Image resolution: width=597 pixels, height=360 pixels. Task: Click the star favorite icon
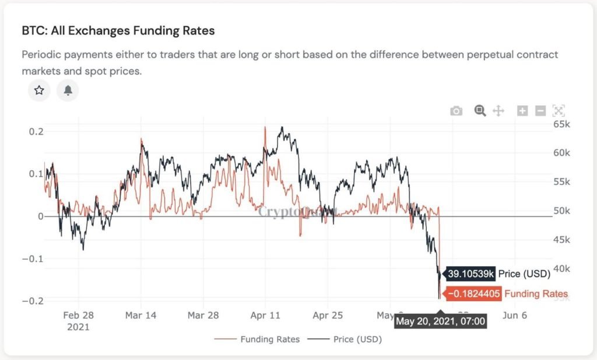click(x=39, y=90)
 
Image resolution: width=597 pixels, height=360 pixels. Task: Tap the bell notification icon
click(x=68, y=90)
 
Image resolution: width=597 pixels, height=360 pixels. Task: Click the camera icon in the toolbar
click(x=456, y=111)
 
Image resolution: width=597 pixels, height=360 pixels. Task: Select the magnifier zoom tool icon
click(x=480, y=110)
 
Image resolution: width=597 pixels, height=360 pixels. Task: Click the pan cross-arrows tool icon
click(x=498, y=111)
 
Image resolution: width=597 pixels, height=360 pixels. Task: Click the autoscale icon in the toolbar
click(x=559, y=111)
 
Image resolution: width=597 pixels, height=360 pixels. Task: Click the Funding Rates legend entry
click(x=257, y=339)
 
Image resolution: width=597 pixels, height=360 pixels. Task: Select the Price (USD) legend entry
click(x=346, y=339)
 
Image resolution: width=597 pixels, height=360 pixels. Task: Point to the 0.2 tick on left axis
click(x=36, y=132)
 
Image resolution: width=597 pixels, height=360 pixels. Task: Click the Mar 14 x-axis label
click(x=141, y=315)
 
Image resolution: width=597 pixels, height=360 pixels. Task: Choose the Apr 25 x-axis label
click(x=328, y=315)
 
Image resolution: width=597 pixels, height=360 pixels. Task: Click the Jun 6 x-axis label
click(x=515, y=315)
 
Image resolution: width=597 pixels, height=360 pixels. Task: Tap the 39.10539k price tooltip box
click(x=470, y=274)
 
